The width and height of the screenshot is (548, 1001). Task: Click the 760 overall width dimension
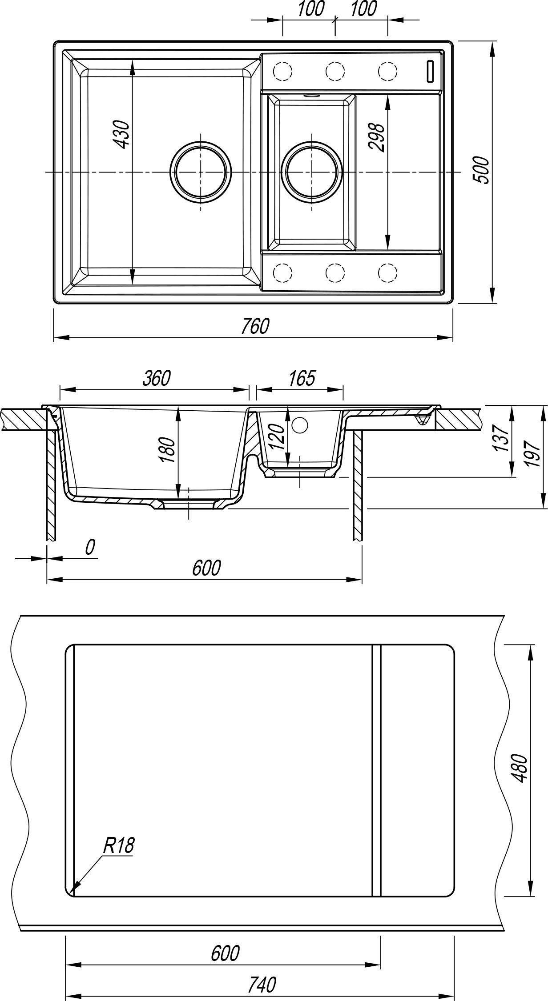(255, 326)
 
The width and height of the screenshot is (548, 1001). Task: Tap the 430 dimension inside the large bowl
(121, 134)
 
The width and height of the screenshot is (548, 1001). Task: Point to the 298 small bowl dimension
(377, 138)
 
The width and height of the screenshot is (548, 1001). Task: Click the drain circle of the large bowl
(201, 171)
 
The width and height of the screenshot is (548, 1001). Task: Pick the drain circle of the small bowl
(312, 171)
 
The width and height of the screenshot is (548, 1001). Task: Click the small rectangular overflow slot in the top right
(430, 71)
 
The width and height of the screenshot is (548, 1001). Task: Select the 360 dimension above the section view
(157, 378)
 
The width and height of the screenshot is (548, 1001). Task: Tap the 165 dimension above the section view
(302, 378)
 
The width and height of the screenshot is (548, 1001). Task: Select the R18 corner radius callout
(118, 846)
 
